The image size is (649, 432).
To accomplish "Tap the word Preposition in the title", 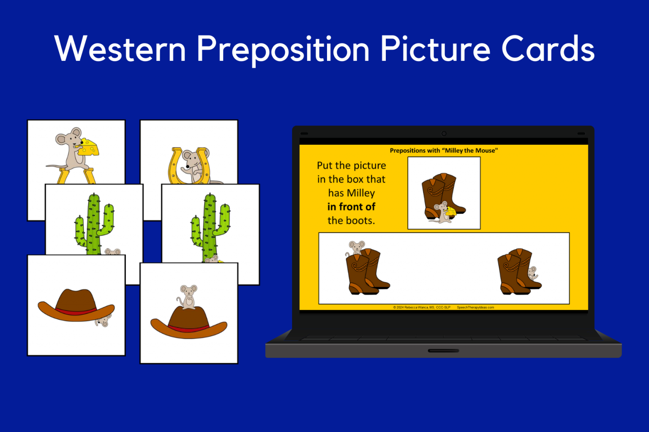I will point(283,50).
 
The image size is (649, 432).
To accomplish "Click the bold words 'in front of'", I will point(351,207).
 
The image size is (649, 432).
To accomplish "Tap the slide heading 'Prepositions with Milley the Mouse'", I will point(444,151).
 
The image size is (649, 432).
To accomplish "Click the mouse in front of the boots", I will point(442,212).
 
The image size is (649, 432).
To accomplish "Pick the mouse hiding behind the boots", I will point(533,273).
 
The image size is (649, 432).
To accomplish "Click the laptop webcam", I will point(444,134).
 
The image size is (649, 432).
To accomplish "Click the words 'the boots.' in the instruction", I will point(351,221).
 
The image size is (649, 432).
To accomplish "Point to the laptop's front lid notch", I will point(443,351).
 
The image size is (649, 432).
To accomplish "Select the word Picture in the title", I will point(435,49).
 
